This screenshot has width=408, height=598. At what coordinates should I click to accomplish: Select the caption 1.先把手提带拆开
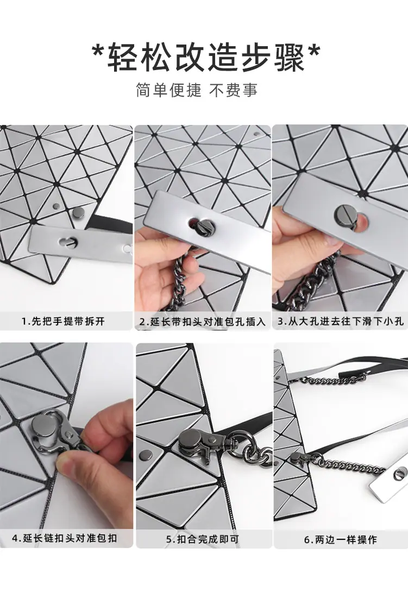64,321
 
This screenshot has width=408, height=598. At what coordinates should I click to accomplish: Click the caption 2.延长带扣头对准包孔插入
203,322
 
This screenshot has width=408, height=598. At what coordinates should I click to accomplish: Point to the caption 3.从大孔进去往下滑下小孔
340,321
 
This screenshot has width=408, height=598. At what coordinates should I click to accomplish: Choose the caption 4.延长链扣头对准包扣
65,538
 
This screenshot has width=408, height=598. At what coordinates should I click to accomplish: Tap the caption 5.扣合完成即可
203,539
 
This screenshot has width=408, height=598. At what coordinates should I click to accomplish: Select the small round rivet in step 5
146,455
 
